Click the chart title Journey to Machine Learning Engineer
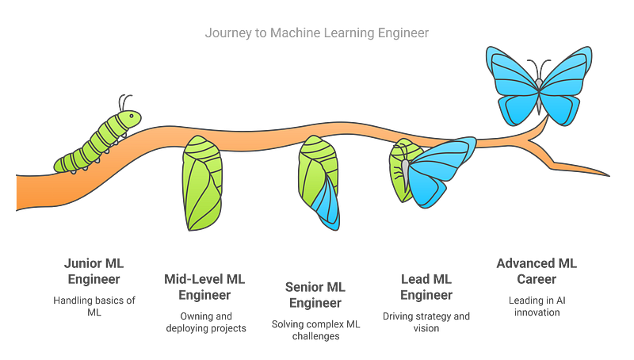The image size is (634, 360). click(x=317, y=34)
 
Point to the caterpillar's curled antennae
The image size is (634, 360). click(x=124, y=100)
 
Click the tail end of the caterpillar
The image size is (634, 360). click(x=60, y=164)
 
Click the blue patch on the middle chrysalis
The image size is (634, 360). click(x=327, y=203)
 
